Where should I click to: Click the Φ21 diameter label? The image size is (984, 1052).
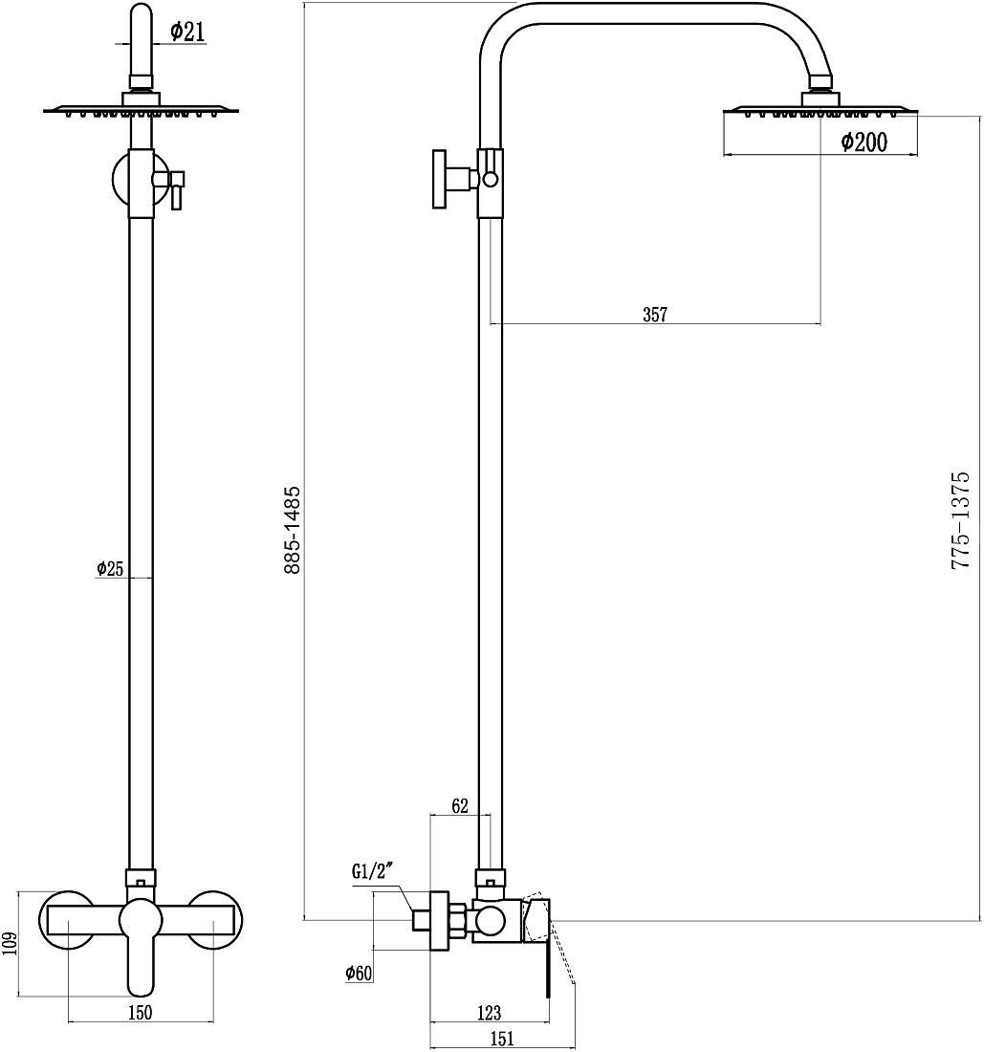click(x=187, y=32)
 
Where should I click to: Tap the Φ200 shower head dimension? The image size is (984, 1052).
click(x=864, y=142)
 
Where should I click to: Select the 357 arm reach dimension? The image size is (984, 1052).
click(x=655, y=314)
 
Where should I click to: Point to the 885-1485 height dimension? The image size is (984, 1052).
click(x=294, y=530)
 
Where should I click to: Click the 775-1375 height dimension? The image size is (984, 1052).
click(x=960, y=520)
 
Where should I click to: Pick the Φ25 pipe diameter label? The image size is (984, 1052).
click(x=111, y=569)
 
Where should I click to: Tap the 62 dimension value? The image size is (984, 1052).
click(x=459, y=806)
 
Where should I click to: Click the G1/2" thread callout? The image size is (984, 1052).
click(x=372, y=872)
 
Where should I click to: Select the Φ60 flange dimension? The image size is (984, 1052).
click(x=359, y=973)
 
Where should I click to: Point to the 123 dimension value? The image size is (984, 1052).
click(x=489, y=1013)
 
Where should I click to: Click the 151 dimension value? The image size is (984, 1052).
click(x=502, y=1039)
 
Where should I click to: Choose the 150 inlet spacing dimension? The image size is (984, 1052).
click(x=141, y=1013)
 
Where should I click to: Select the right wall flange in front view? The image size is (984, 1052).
click(x=215, y=920)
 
